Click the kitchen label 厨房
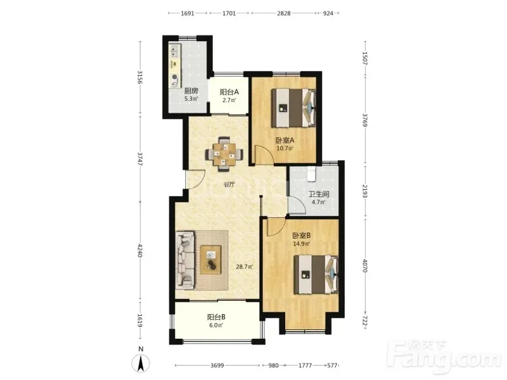[x=191, y=91]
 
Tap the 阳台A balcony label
[x=229, y=92]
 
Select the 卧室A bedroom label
[x=285, y=141]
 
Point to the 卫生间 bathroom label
[x=319, y=194]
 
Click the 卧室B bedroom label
[x=302, y=236]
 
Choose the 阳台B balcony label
[x=216, y=317]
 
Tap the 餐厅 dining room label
[x=229, y=185]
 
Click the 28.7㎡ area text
[x=245, y=267]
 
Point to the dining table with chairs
[x=224, y=154]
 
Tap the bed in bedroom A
[x=293, y=108]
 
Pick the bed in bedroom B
[x=316, y=275]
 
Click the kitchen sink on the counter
[x=175, y=51]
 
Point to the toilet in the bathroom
[x=311, y=174]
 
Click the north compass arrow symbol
[x=141, y=362]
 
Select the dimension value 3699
[x=217, y=365]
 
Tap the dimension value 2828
[x=283, y=13]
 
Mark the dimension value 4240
[x=139, y=250]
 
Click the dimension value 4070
[x=365, y=266]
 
